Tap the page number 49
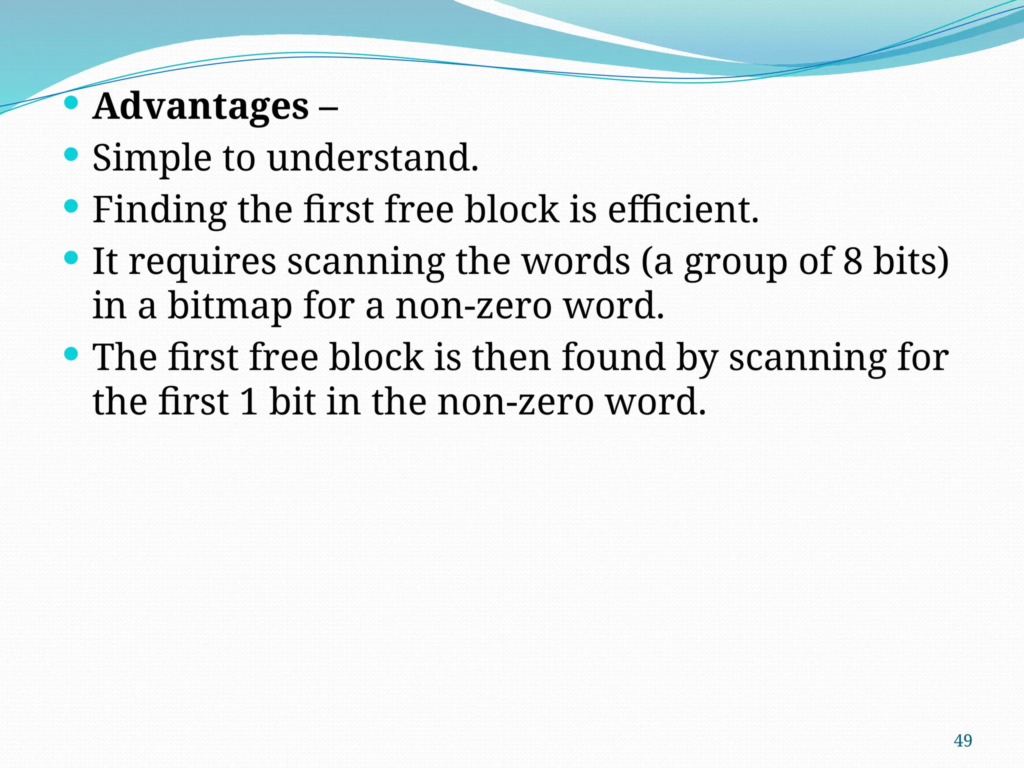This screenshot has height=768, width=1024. pyautogui.click(x=962, y=740)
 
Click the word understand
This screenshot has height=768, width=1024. pyautogui.click(x=372, y=158)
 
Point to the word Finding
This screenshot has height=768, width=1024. pyautogui.click(x=159, y=210)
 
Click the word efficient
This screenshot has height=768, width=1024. pyautogui.click(x=682, y=210)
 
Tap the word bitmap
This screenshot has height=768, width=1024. pyautogui.click(x=229, y=306)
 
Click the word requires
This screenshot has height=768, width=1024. pyautogui.click(x=202, y=262)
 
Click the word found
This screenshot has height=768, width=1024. pyautogui.click(x=613, y=357)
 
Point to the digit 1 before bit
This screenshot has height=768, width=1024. pyautogui.click(x=248, y=402)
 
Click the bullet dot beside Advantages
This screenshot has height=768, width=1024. pyautogui.click(x=71, y=103)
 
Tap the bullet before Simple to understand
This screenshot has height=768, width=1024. pyautogui.click(x=71, y=154)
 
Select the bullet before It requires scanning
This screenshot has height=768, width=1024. pyautogui.click(x=71, y=257)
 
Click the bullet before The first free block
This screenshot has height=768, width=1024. pyautogui.click(x=71, y=354)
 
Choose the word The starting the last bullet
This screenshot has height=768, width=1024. pyautogui.click(x=125, y=357)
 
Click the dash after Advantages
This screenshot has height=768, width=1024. pyautogui.click(x=327, y=107)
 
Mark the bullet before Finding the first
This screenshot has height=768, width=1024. pyautogui.click(x=71, y=205)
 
